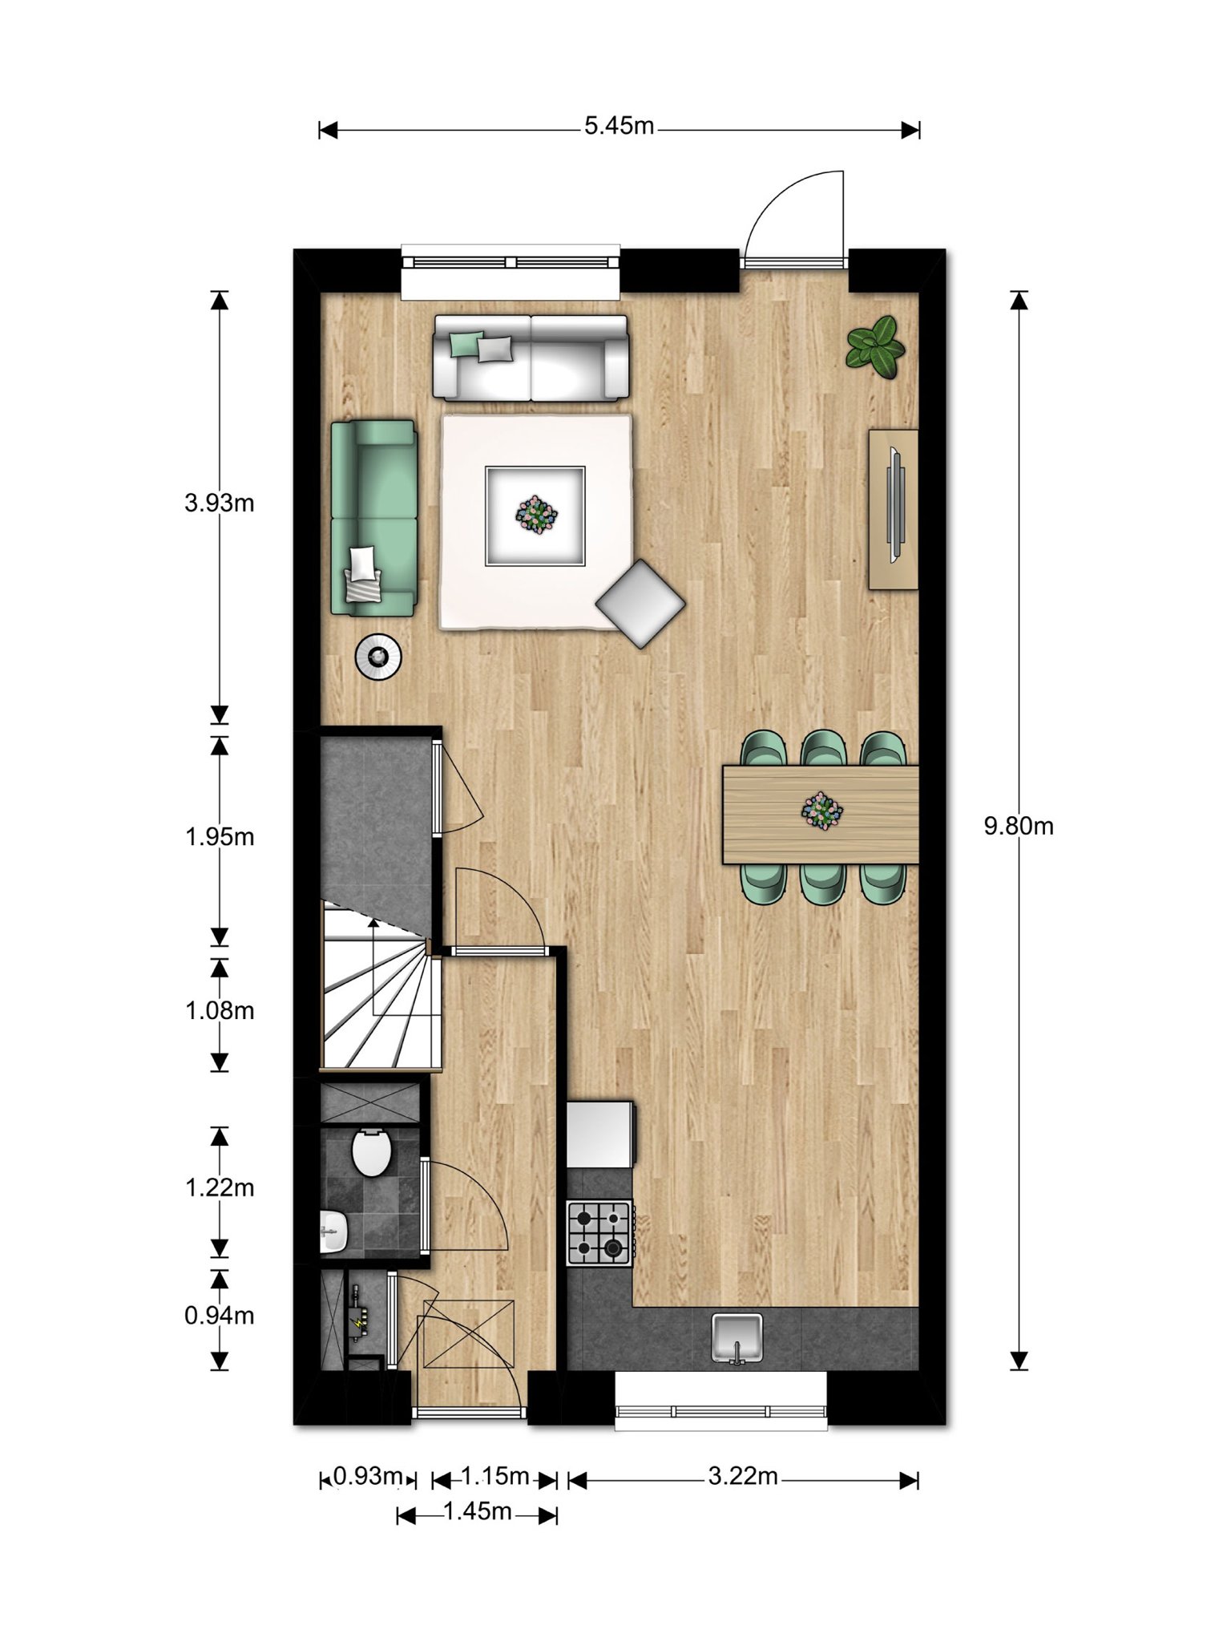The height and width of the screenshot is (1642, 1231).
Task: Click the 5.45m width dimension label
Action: pyautogui.click(x=619, y=126)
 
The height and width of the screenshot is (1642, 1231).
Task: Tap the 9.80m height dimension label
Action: pyautogui.click(x=1018, y=826)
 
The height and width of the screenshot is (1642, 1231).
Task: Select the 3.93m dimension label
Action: pyautogui.click(x=219, y=503)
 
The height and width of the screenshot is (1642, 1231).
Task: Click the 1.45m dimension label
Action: pyautogui.click(x=477, y=1511)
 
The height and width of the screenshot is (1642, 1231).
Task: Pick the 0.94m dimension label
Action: pyautogui.click(x=219, y=1316)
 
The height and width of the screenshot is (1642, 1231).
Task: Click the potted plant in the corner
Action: pyautogui.click(x=875, y=346)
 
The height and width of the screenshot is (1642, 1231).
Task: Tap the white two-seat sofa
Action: pyautogui.click(x=531, y=357)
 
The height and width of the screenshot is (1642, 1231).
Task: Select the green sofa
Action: pyautogui.click(x=374, y=518)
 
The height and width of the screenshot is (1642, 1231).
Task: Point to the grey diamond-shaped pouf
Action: pyautogui.click(x=640, y=603)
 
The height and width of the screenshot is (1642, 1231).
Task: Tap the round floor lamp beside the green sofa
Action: pyautogui.click(x=378, y=657)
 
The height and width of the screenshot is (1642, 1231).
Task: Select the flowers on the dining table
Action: pyautogui.click(x=822, y=810)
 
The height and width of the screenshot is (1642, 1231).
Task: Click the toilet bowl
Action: pyautogui.click(x=371, y=1152)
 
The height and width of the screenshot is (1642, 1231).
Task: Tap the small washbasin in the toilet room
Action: pyautogui.click(x=333, y=1231)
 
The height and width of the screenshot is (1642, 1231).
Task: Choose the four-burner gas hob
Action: pyautogui.click(x=599, y=1232)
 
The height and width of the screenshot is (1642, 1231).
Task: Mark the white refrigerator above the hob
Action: pyautogui.click(x=600, y=1134)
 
